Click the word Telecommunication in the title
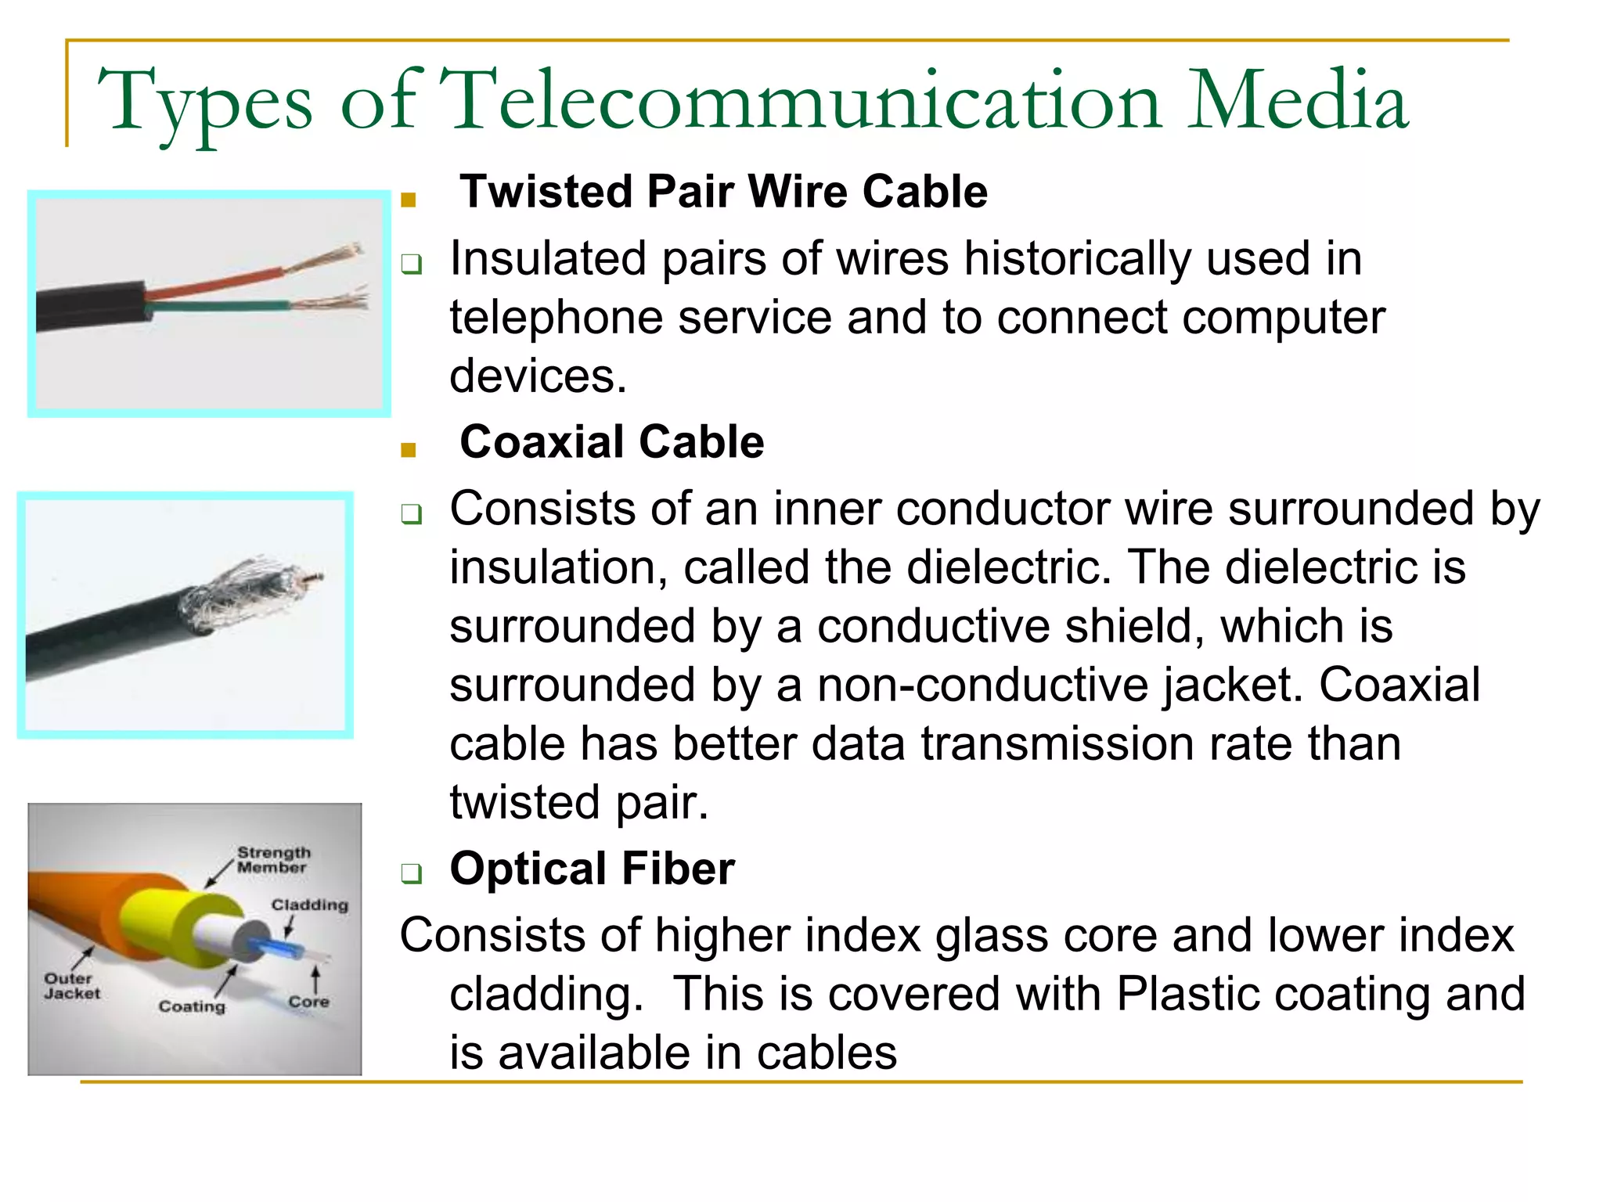pos(799,102)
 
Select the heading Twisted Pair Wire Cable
pos(723,192)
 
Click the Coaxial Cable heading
pos(611,442)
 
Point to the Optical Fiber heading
pos(592,869)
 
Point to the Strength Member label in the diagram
pos(273,859)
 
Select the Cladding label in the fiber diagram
pos(309,905)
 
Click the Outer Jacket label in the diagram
pos(71,986)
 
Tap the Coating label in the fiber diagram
pos(192,1006)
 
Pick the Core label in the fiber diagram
pos(308,1002)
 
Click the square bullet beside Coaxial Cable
pos(408,450)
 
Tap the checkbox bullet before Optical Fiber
pos(411,873)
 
